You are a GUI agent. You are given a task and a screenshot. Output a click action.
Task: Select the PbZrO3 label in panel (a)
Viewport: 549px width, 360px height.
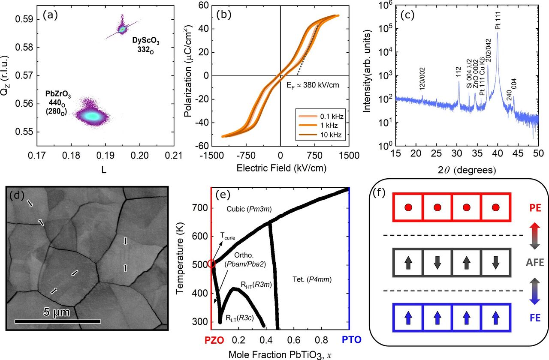[x=58, y=94]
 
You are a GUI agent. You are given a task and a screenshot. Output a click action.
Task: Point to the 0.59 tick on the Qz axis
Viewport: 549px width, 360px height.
[x=24, y=19]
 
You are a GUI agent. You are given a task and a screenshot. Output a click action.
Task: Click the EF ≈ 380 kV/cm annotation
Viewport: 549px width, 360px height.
[x=313, y=85]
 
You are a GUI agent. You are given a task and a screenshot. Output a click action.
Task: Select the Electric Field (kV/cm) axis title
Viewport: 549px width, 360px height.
[x=281, y=168]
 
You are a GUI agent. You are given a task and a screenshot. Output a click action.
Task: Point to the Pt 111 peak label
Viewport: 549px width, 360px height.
[x=498, y=20]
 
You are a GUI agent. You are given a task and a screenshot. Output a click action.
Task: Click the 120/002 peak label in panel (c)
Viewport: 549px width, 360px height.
[x=422, y=78]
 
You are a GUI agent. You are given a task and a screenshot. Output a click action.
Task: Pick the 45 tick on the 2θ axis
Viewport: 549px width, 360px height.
[x=518, y=154]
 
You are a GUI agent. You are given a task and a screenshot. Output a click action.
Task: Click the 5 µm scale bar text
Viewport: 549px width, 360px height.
[x=57, y=312]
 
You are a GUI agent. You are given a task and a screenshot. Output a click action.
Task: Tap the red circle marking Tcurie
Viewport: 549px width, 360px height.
[x=212, y=264]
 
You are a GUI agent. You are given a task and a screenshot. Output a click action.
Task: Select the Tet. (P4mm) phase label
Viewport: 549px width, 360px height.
[x=312, y=279]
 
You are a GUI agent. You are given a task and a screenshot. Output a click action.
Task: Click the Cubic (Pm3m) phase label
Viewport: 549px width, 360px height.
[x=249, y=209]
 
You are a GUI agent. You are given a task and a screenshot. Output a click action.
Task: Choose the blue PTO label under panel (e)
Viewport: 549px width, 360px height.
[x=352, y=340]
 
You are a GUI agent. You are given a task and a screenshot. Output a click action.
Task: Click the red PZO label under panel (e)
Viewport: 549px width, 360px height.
[x=214, y=340]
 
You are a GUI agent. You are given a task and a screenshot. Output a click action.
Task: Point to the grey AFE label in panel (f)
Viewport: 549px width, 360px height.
[x=535, y=263]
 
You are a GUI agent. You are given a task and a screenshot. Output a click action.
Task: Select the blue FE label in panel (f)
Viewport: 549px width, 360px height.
[x=535, y=318]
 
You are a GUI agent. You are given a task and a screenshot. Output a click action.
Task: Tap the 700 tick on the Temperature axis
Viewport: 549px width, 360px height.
[x=200, y=208]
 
